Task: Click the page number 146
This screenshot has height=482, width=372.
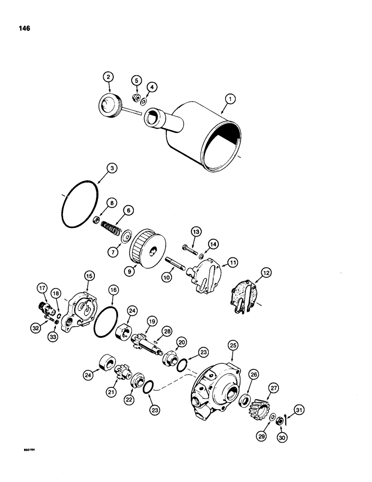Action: coord(23,28)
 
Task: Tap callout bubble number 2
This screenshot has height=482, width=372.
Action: coord(108,76)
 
